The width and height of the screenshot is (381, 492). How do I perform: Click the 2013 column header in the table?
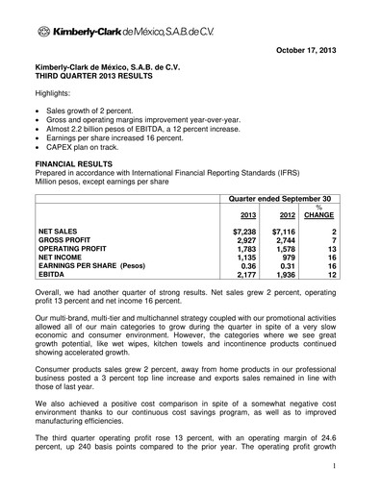pyautogui.click(x=247, y=215)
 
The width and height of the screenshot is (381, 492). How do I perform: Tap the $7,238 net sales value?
pyautogui.click(x=244, y=233)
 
